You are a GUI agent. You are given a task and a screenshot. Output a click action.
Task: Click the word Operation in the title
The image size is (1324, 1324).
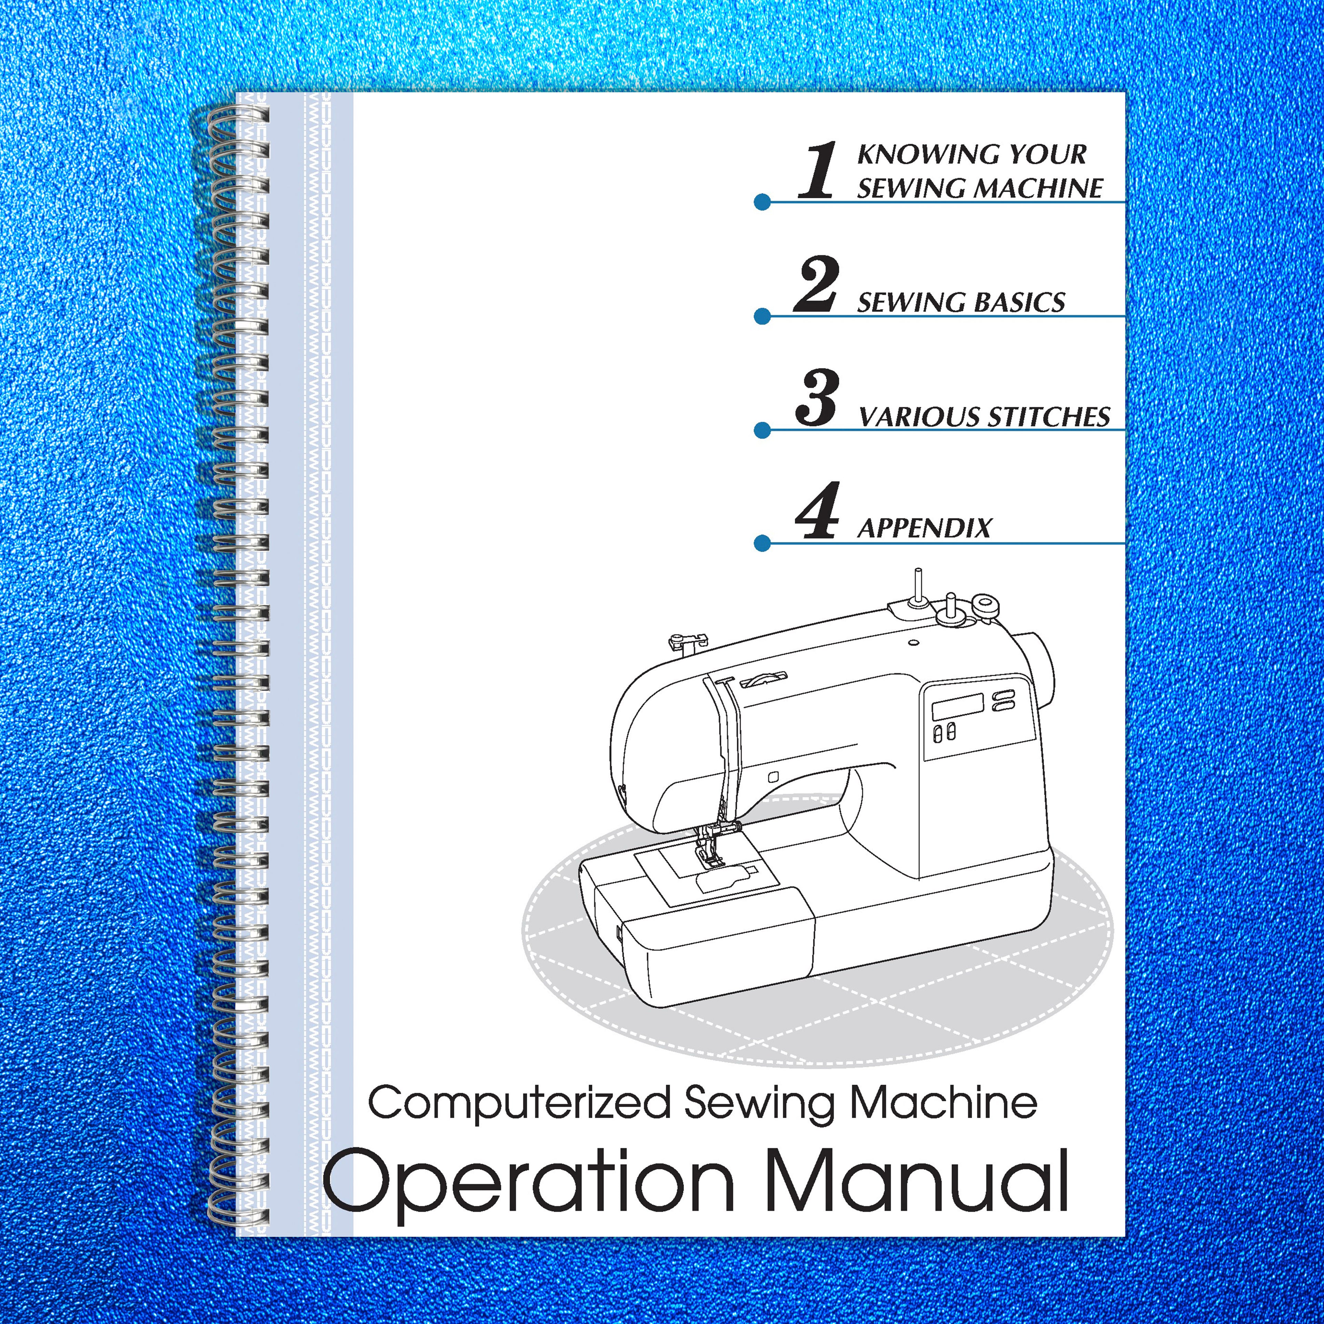click(x=528, y=1181)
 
